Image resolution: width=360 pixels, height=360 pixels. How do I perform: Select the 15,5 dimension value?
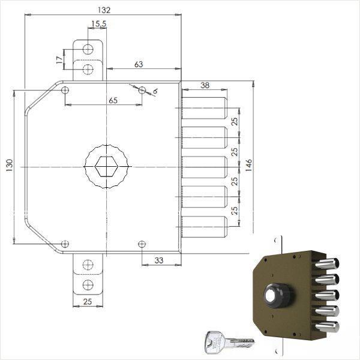(99, 24)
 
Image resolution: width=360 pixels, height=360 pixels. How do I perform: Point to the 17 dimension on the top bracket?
(58, 60)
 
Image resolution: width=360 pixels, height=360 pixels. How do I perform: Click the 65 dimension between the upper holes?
(113, 100)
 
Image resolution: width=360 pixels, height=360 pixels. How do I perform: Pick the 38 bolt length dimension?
(205, 86)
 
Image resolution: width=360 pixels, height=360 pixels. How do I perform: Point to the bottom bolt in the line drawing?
(205, 226)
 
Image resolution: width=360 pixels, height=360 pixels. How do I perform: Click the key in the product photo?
(228, 341)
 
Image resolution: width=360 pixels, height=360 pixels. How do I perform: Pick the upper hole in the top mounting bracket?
(88, 49)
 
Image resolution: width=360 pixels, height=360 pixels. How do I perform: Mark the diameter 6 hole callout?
(155, 90)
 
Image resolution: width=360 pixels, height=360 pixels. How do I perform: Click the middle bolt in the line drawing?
(205, 167)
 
